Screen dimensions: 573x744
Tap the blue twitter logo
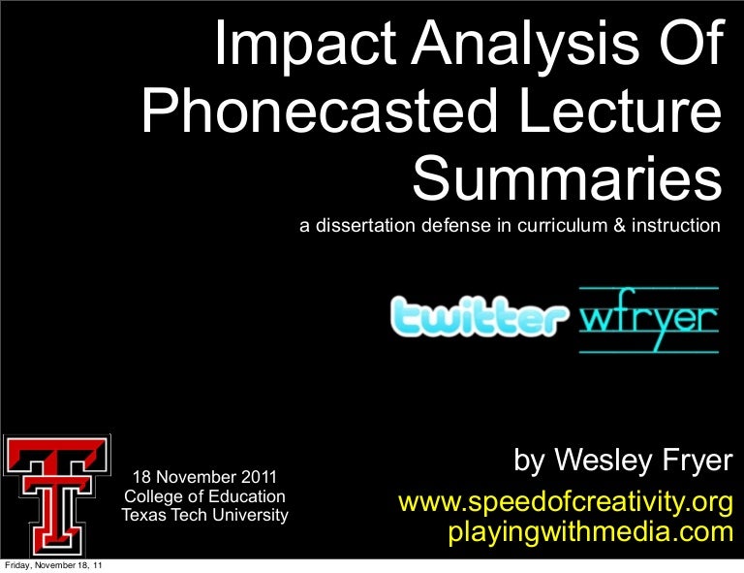(480, 317)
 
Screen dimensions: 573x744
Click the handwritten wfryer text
(648, 318)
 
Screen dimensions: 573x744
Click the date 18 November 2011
(204, 477)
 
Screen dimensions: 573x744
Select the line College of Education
(204, 496)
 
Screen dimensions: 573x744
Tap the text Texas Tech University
(204, 515)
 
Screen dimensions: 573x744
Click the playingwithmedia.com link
(590, 531)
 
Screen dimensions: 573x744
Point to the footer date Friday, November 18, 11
(55, 566)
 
